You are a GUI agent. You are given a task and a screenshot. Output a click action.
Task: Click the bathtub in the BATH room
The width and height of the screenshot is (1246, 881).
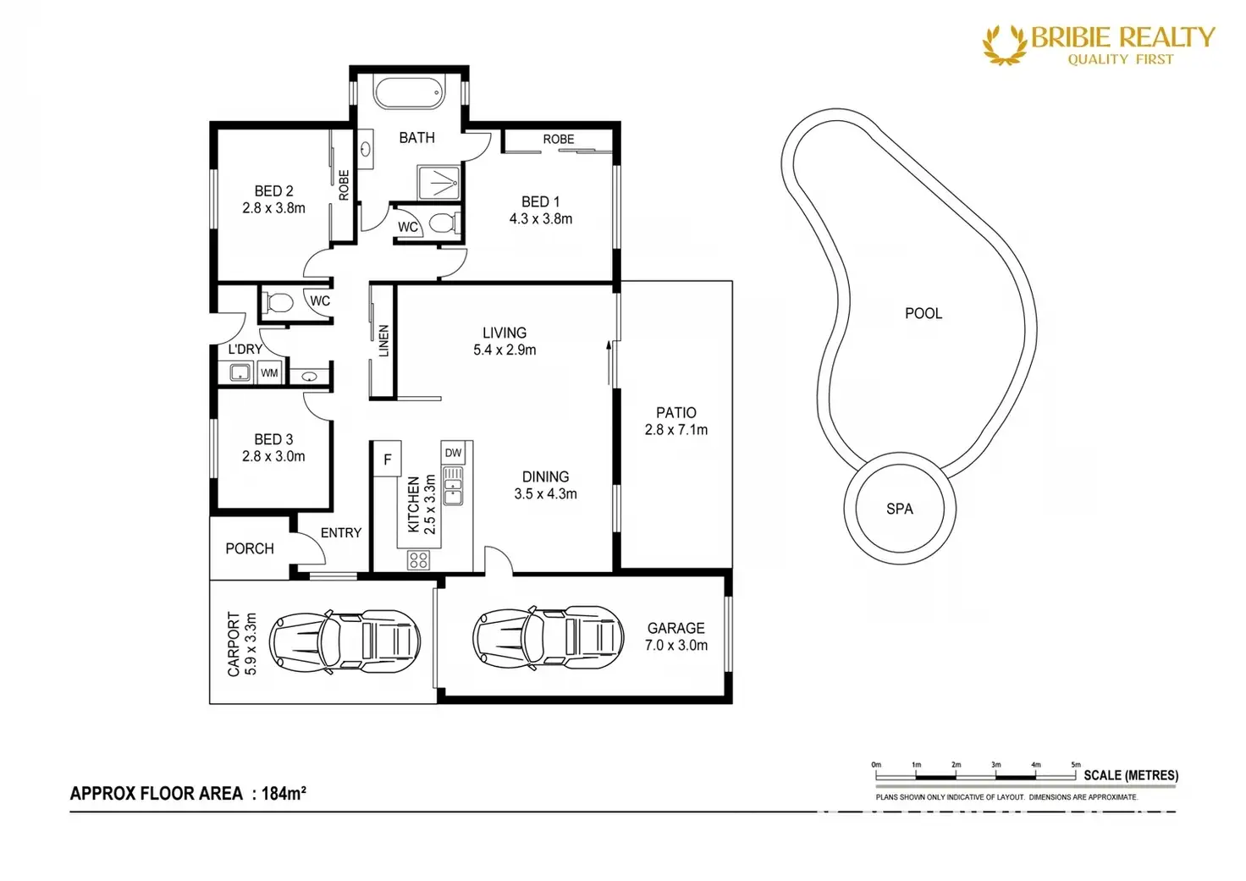coord(410,93)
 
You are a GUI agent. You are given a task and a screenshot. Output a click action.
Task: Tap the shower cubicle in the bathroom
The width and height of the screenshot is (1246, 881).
coord(438,182)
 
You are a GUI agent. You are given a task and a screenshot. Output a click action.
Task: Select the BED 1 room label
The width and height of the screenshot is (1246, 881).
coord(540,201)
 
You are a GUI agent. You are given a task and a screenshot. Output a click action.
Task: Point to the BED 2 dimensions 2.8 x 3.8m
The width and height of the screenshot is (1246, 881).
coord(273,208)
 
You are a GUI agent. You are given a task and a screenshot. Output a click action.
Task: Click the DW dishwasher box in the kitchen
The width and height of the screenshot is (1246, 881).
coord(454,453)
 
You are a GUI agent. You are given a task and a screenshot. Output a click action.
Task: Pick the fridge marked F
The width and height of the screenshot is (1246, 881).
coord(388,459)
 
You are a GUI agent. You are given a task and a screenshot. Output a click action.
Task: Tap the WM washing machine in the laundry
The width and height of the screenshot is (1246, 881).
coord(269,372)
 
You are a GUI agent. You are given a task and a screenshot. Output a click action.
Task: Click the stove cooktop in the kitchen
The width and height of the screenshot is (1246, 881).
coord(418,560)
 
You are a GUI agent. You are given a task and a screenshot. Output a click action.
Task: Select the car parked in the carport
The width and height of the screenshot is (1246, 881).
coord(345,641)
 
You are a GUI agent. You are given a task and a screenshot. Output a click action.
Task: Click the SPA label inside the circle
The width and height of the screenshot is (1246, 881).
coord(900,509)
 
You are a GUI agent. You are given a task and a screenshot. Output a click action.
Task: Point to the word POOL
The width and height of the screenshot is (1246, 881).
coord(923,314)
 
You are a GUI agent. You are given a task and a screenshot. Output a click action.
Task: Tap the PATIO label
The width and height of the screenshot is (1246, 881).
coord(675,413)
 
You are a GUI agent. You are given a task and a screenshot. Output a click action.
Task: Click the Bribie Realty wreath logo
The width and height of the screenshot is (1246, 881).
coord(1005,46)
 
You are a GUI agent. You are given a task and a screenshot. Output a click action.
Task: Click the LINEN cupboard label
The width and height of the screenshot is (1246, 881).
coord(383,340)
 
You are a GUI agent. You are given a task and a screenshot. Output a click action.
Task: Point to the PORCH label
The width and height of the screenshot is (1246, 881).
coord(250,549)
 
